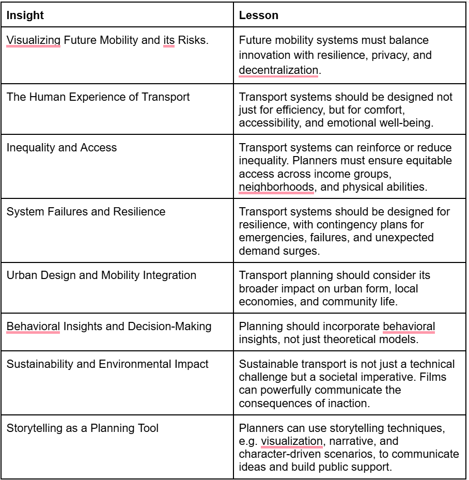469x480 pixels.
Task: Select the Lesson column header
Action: (258, 16)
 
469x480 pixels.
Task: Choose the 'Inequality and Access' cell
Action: (61, 147)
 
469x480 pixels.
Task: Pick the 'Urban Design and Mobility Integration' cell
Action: (101, 275)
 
